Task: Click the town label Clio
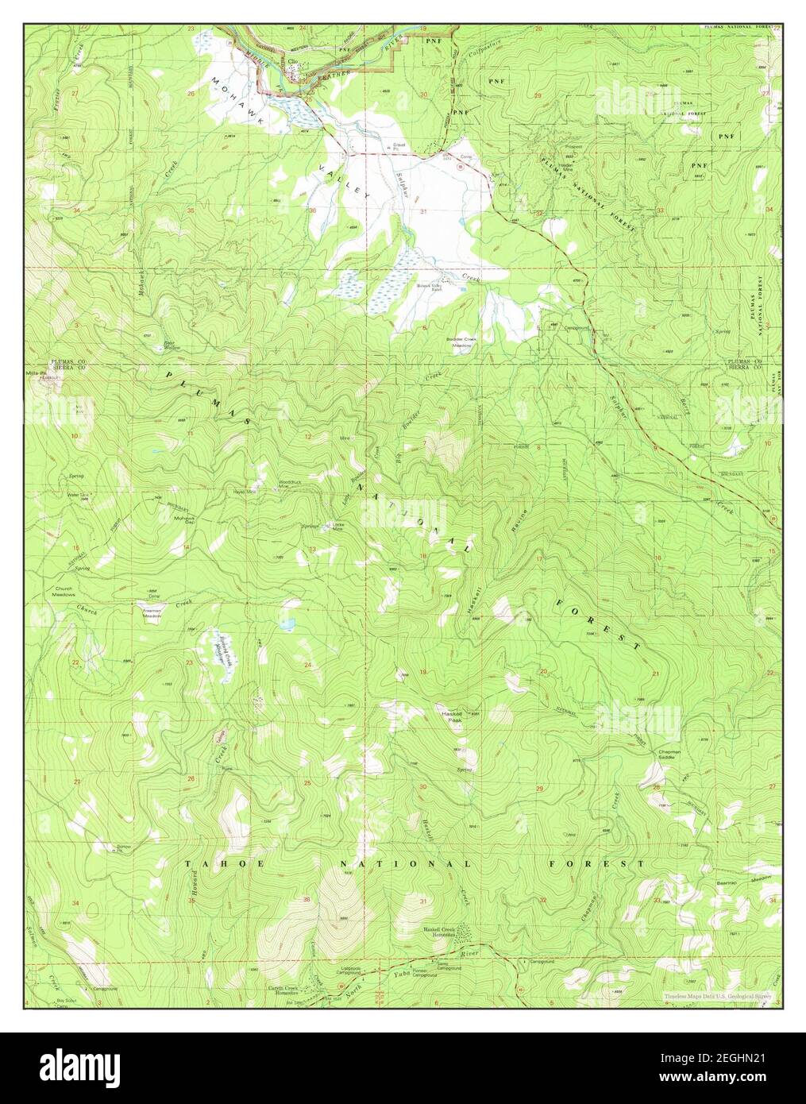point(292,61)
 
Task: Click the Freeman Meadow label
point(152,613)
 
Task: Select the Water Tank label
point(77,494)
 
